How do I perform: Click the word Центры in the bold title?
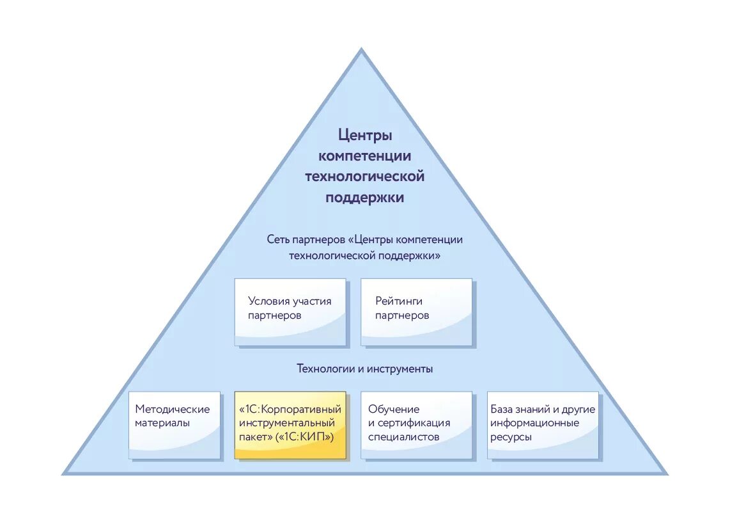[x=364, y=136]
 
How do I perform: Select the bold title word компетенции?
[x=364, y=156]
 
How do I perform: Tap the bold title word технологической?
[x=364, y=176]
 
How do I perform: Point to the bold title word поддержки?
[x=364, y=197]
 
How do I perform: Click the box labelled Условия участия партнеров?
[x=290, y=312]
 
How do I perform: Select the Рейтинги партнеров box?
[x=417, y=312]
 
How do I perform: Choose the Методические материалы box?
[x=175, y=425]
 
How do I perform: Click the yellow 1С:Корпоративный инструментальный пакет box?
[x=290, y=425]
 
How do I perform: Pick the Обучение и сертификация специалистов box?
[x=417, y=425]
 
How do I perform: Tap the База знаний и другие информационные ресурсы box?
[x=543, y=425]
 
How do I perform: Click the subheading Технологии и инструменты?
[x=364, y=369]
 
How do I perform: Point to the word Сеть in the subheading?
[x=278, y=240]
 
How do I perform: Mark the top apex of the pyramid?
[x=361, y=50]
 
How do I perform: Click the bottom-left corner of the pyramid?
[x=65, y=473]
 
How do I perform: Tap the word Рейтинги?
[x=399, y=301]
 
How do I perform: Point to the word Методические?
[x=173, y=410]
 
